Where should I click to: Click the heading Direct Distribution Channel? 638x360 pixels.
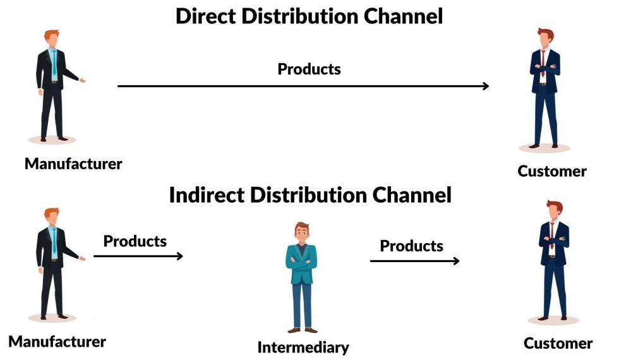[309, 16]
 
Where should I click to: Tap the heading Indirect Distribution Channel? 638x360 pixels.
[310, 195]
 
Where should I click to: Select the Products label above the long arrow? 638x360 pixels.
[309, 69]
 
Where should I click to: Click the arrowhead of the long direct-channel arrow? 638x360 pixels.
[485, 86]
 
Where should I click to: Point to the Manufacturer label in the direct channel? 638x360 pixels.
[73, 164]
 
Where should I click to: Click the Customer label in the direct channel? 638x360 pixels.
[552, 171]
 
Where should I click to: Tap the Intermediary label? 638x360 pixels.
[303, 347]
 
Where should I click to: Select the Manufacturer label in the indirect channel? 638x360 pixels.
[57, 342]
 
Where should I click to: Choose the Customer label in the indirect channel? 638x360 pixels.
[558, 343]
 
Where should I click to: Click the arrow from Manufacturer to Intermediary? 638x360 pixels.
[138, 256]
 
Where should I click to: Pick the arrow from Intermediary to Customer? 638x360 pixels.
[414, 260]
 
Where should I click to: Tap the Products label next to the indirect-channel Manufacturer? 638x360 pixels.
[135, 241]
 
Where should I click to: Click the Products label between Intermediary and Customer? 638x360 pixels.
[411, 246]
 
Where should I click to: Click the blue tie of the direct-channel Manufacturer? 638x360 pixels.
[54, 63]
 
